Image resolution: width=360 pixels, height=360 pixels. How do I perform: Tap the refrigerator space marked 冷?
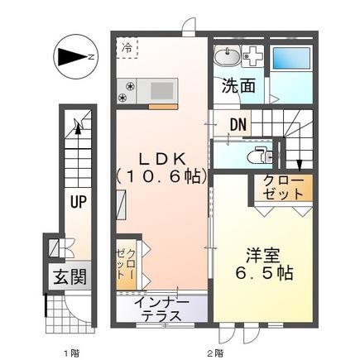point(127,49)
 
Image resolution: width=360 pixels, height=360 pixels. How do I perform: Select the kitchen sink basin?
point(161,90)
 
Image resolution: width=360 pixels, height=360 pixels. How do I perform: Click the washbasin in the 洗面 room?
point(227,56)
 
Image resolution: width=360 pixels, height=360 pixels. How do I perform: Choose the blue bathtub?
point(291,59)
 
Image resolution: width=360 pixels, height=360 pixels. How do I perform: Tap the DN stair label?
point(238,125)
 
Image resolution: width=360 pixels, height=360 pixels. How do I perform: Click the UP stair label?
point(79,201)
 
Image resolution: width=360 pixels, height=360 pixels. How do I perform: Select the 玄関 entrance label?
point(70,276)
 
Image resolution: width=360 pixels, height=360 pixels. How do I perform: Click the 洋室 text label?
point(263,256)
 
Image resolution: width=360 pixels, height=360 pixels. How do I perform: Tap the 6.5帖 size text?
point(264,273)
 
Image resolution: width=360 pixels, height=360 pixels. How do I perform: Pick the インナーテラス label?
point(161,309)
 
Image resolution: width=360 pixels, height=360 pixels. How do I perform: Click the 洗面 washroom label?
point(239,86)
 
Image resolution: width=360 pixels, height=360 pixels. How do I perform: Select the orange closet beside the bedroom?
point(284,188)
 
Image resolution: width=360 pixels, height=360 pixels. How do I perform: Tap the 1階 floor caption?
point(71,353)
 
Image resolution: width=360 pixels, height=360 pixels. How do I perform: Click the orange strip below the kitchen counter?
point(162,107)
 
